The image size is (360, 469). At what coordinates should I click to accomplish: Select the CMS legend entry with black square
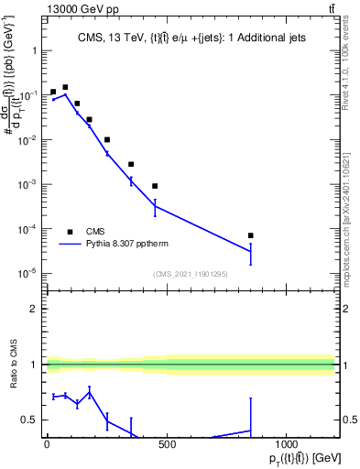coord(70,232)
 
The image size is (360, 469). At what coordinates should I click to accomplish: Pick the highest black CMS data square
coord(65,87)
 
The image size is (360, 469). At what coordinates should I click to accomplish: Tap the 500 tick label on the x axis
coord(167,444)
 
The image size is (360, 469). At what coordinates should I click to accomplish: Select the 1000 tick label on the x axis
coord(287,444)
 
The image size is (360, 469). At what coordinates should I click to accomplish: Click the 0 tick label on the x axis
coord(47,444)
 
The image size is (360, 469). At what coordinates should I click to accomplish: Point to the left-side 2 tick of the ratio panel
coord(33,309)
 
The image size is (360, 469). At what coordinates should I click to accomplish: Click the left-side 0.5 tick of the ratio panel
coord(29,420)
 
